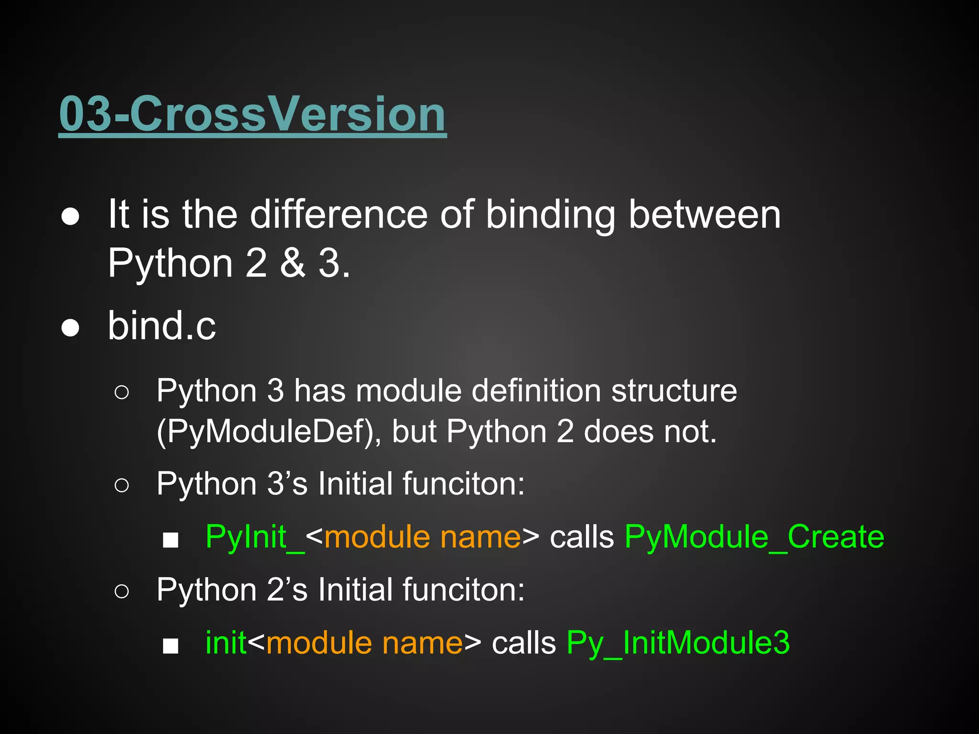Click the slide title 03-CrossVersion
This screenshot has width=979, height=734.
pyautogui.click(x=252, y=114)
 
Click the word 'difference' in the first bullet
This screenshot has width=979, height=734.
pyautogui.click(x=338, y=215)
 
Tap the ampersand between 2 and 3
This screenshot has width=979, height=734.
pyautogui.click(x=292, y=263)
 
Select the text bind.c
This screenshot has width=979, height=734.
pyautogui.click(x=162, y=326)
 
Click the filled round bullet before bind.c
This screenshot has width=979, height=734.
pyautogui.click(x=70, y=328)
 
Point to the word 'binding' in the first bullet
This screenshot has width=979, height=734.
pyautogui.click(x=550, y=215)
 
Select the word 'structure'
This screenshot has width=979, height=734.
pyautogui.click(x=674, y=391)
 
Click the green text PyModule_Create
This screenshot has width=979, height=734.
pyautogui.click(x=754, y=537)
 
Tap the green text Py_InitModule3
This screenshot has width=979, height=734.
pyautogui.click(x=678, y=643)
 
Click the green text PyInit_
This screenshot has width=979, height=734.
pyautogui.click(x=255, y=537)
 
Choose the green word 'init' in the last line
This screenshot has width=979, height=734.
pyautogui.click(x=226, y=643)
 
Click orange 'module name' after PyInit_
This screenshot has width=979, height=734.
pyautogui.click(x=422, y=537)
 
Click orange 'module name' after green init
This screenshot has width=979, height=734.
pyautogui.click(x=364, y=643)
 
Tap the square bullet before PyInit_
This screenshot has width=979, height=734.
pyautogui.click(x=170, y=540)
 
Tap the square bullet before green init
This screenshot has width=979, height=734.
pyautogui.click(x=170, y=646)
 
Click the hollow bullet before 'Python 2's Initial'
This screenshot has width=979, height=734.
pyautogui.click(x=121, y=592)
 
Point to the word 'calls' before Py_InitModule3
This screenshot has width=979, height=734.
pyautogui.click(x=524, y=643)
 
